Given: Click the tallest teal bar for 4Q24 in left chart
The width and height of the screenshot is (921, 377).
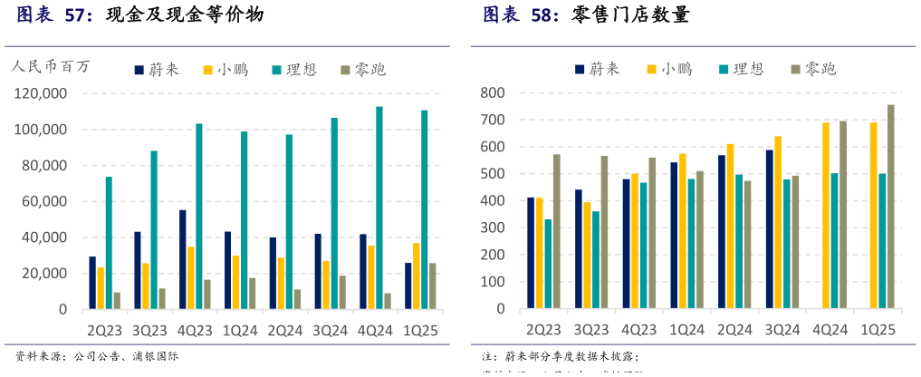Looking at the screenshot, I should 379,208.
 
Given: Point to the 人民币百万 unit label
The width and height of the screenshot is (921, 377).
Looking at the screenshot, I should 51,65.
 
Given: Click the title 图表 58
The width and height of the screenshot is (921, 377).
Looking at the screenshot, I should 521,15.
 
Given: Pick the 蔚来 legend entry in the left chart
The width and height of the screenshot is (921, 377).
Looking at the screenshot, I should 158,70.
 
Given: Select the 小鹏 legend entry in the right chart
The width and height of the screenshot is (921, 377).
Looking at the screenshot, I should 668,69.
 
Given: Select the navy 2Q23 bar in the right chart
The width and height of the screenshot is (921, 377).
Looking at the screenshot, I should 531,253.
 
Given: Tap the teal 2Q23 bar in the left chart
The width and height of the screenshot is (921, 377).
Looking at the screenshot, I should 109,243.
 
